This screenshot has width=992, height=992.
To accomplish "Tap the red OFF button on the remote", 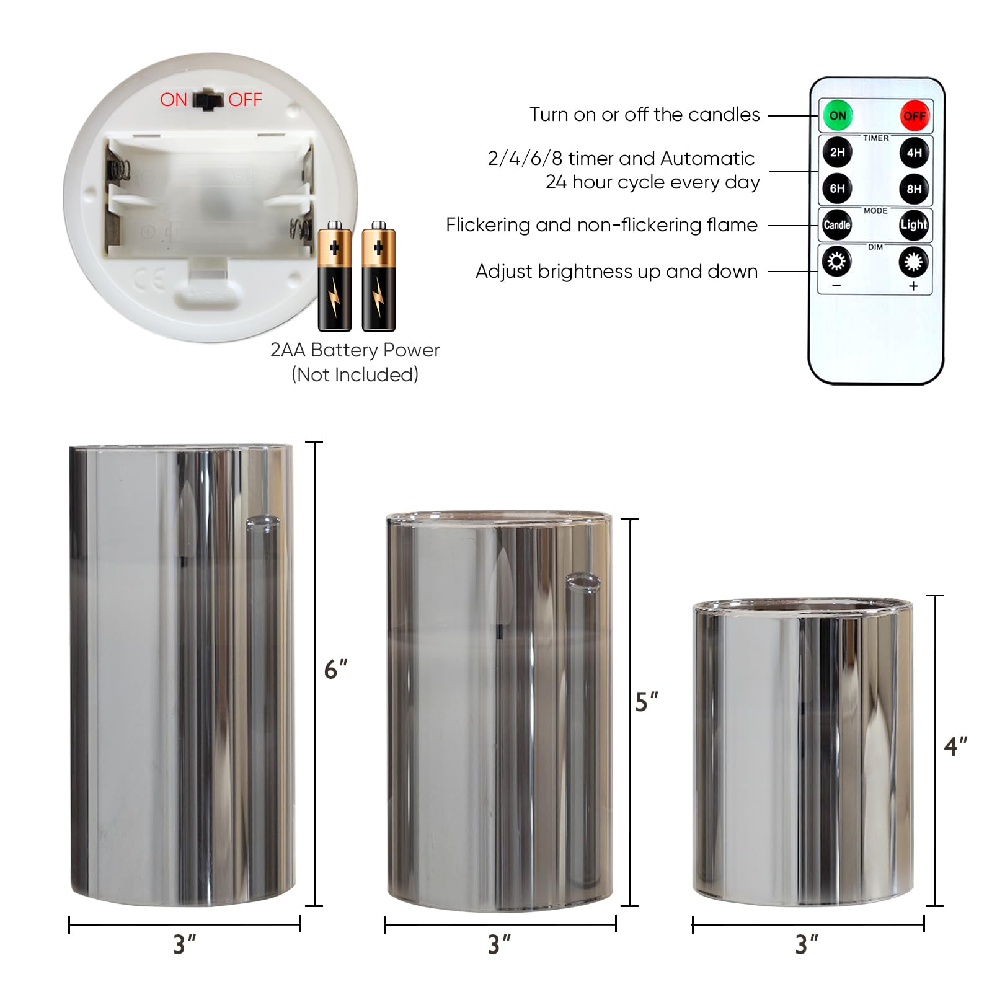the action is pyautogui.click(x=914, y=116).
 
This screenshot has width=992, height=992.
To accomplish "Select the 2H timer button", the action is pyautogui.click(x=837, y=153).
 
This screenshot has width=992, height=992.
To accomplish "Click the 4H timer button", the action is pyautogui.click(x=914, y=153).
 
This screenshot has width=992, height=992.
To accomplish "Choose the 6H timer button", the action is pyautogui.click(x=837, y=188).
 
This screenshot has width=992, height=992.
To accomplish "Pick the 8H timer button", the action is pyautogui.click(x=914, y=188).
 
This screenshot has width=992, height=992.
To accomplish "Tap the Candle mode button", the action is pyautogui.click(x=837, y=225).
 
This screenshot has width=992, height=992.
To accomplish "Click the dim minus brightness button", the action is pyautogui.click(x=837, y=262).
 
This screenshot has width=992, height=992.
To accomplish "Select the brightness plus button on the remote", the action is pyautogui.click(x=914, y=262).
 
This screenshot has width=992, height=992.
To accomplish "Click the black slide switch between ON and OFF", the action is pyautogui.click(x=208, y=100).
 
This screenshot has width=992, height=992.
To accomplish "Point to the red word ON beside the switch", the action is pyautogui.click(x=174, y=100).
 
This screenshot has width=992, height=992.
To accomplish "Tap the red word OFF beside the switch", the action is pyautogui.click(x=245, y=100).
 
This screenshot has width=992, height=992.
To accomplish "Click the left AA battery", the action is pyautogui.click(x=335, y=277).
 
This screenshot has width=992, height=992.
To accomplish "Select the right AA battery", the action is pyautogui.click(x=379, y=277).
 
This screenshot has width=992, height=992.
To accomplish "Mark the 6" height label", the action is pyautogui.click(x=335, y=670).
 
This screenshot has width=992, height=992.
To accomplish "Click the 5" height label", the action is pyautogui.click(x=647, y=702).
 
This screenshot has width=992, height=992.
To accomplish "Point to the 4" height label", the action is pyautogui.click(x=955, y=746).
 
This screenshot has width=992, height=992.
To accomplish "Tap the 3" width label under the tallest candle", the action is pyautogui.click(x=185, y=945).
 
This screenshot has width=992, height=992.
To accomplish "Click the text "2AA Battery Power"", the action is pyautogui.click(x=355, y=350).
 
